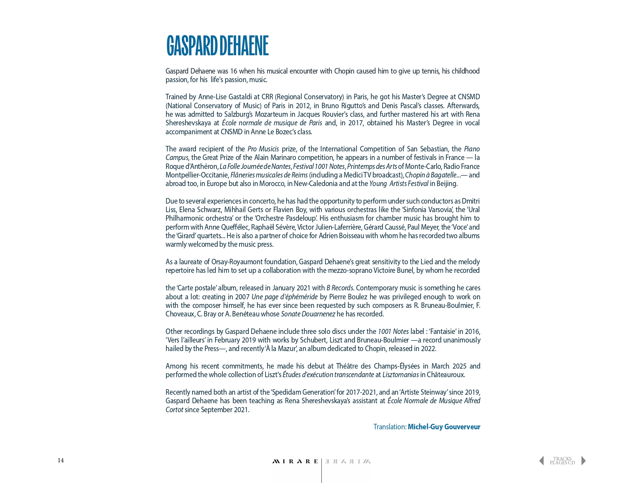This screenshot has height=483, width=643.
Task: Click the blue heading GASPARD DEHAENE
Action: point(217,46)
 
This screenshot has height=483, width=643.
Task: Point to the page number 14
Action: point(61,460)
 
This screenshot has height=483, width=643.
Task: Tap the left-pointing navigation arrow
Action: point(542,461)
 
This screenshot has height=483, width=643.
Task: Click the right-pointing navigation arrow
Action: point(584,461)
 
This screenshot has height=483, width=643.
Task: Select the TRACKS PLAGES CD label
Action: point(562,461)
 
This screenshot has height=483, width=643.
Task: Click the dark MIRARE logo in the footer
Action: point(295,462)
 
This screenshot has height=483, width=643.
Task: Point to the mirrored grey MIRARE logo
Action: point(348,462)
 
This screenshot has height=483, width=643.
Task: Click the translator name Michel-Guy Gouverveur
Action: point(444,427)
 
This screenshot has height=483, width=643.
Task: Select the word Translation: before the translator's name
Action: point(390,427)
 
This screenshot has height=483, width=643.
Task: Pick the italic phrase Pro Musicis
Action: point(263,149)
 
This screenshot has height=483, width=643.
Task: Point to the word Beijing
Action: point(447,183)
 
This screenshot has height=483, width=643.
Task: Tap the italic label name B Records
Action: point(340,288)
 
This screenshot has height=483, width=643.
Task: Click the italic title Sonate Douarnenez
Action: point(308,314)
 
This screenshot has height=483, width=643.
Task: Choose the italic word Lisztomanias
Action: point(400,374)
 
